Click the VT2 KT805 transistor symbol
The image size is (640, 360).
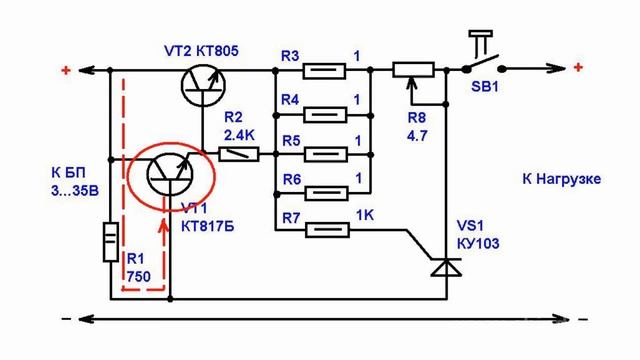tap(203, 86)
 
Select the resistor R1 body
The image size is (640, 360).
tap(111, 242)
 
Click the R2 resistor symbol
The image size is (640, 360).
tap(239, 155)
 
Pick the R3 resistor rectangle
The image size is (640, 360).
tap(324, 71)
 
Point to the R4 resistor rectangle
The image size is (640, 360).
tap(326, 115)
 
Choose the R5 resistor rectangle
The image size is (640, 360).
tap(326, 155)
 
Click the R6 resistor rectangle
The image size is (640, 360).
tap(327, 193)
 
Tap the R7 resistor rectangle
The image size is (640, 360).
tap(328, 230)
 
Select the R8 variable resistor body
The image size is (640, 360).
tap(413, 70)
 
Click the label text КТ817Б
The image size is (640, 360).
tap(208, 226)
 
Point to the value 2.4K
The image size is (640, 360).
tap(239, 135)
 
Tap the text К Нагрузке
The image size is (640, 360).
tap(562, 179)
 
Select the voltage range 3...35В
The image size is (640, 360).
tap(75, 191)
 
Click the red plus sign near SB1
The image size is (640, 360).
tap(578, 67)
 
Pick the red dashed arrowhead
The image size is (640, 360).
tap(164, 227)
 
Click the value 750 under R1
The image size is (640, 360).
tap(138, 277)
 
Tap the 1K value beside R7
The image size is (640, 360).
tap(365, 215)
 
